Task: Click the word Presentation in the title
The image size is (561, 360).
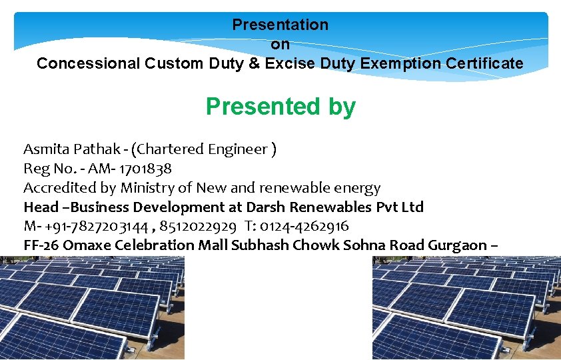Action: (280, 25)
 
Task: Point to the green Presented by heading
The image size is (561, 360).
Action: (280, 107)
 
